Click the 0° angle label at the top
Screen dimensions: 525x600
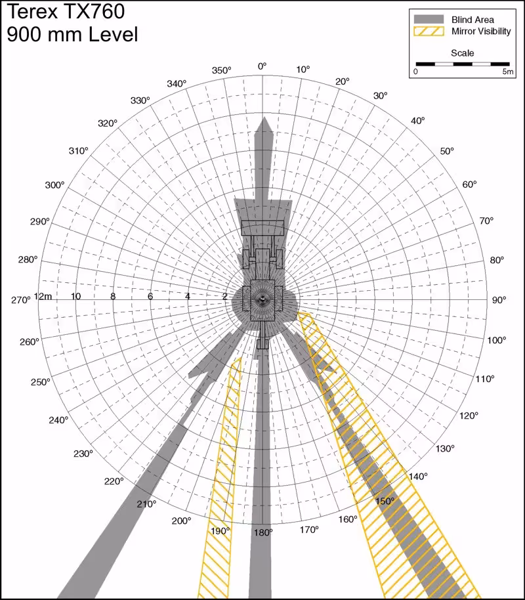point(262,66)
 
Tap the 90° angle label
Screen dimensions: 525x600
point(499,300)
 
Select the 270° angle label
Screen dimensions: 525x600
point(20,300)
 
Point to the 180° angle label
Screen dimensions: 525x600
point(263,532)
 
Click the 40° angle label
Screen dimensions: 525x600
point(418,120)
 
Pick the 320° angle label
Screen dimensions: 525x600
point(108,123)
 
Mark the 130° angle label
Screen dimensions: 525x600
point(445,448)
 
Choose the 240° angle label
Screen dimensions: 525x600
point(58,419)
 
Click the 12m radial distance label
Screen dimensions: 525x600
point(43,296)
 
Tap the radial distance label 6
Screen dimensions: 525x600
point(150,296)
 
